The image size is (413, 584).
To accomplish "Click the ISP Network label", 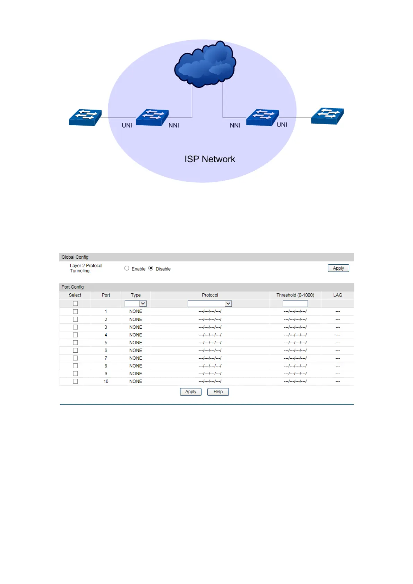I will pos(209,159).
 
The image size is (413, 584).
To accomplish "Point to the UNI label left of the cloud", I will pos(127,126).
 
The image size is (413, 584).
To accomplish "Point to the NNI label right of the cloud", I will pos(235,126).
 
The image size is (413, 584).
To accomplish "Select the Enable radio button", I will pos(127,268).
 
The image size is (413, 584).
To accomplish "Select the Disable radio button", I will pos(151,268).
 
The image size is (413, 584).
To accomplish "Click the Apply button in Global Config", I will pos(338,268).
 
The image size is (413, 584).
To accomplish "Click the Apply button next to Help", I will pos(190,392).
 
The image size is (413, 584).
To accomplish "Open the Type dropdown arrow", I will pos(143,304).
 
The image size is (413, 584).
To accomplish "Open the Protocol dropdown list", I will pos(210,304).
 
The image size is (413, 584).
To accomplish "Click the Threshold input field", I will pos(295,304).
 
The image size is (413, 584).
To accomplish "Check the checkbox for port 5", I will pos(75,343).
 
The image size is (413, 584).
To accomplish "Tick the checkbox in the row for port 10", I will pos(75,381).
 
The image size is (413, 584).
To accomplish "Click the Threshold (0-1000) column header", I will pos(295,295).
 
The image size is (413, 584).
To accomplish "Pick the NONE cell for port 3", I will pos(136,327).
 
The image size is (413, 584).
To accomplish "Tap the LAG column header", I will pos(337,295).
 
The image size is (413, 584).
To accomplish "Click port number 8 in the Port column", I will pos(106,366).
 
